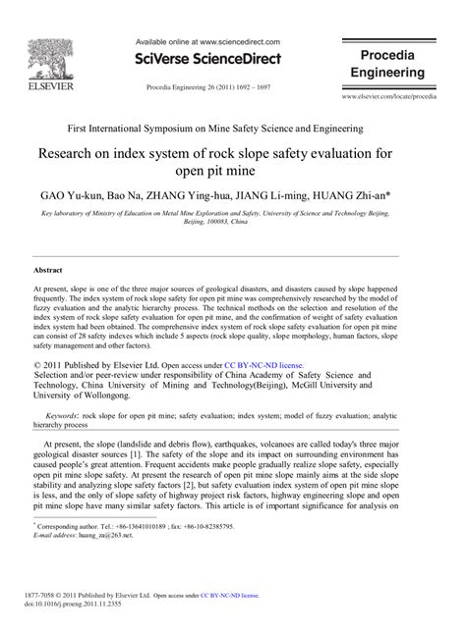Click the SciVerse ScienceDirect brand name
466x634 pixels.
[206, 59]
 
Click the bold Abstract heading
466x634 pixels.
[49, 269]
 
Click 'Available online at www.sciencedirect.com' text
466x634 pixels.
[206, 43]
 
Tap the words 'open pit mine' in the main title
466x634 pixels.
[233, 170]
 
